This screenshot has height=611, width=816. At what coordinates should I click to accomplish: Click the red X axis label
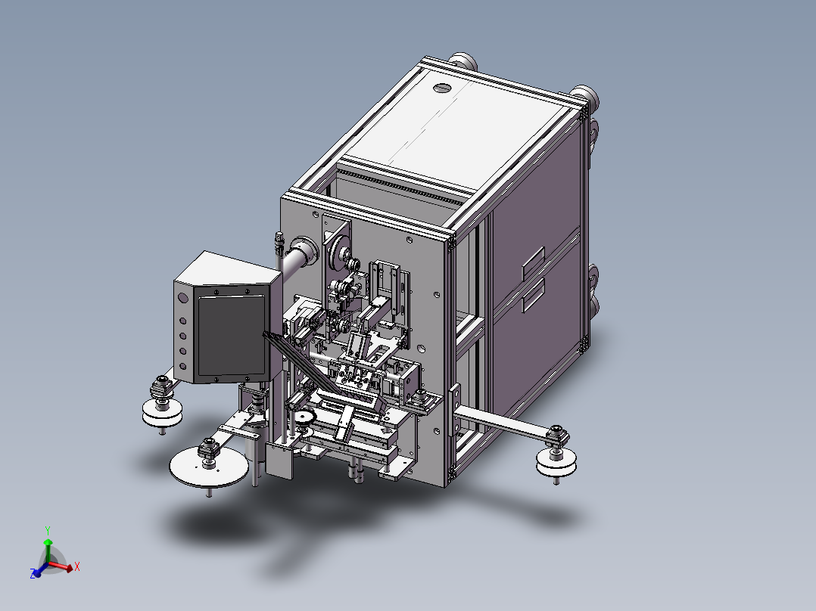77,566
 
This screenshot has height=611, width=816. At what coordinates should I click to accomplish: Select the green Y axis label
48,531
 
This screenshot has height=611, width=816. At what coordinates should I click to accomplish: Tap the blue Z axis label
33,574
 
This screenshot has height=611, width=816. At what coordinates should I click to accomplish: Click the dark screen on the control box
232,336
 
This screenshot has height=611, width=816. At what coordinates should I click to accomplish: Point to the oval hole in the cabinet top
441,88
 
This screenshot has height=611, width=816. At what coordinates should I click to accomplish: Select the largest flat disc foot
209,467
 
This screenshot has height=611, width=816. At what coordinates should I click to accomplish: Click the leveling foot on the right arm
556,456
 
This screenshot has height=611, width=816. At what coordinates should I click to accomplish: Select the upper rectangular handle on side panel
534,261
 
